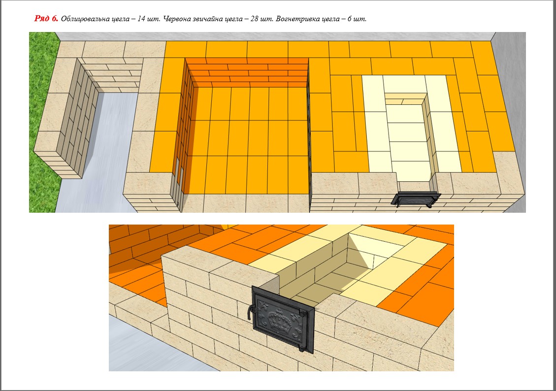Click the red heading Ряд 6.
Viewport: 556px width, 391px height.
[46, 18]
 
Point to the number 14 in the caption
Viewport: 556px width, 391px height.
[141, 19]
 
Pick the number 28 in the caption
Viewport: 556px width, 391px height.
[254, 19]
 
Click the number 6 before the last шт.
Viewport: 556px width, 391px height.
[349, 19]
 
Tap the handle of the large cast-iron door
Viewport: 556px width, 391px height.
[250, 311]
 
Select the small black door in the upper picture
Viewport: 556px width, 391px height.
[416, 198]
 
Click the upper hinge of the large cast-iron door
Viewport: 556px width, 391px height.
[303, 313]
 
